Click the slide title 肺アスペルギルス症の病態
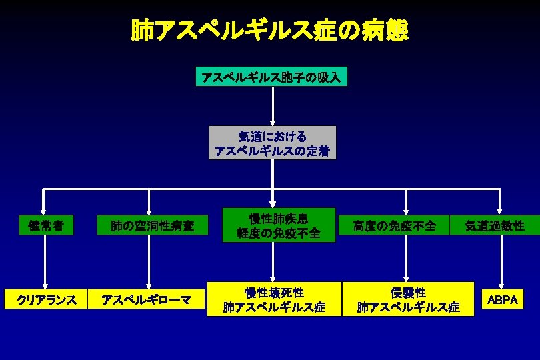pyautogui.click(x=269, y=31)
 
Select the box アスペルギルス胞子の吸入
pyautogui.click(x=271, y=77)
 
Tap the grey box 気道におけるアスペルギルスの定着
pyautogui.click(x=273, y=143)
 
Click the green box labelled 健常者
pyautogui.click(x=46, y=225)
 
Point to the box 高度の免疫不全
pyautogui.click(x=395, y=226)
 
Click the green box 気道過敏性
pyautogui.click(x=495, y=226)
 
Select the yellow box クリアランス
pyautogui.click(x=45, y=300)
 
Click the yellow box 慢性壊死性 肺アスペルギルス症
pyautogui.click(x=274, y=299)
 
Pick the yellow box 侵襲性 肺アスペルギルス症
pyautogui.click(x=408, y=299)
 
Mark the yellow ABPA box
pyautogui.click(x=502, y=300)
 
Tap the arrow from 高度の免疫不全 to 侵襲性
pyautogui.click(x=406, y=260)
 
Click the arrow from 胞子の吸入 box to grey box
pyautogui.click(x=273, y=105)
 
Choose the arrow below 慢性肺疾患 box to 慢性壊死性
pyautogui.click(x=273, y=261)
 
